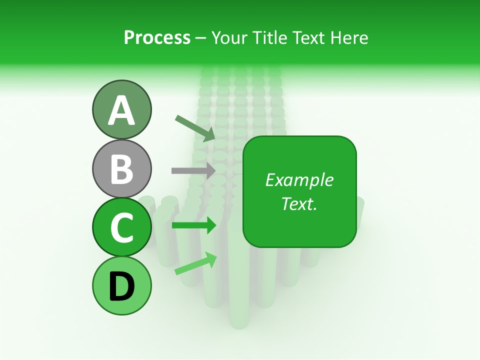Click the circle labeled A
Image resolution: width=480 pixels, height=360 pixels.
pos(122,109)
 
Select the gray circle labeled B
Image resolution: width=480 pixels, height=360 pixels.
pos(122,168)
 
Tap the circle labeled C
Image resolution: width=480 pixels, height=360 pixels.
pos(122,227)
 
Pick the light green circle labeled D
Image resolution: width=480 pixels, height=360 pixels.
pos(122,285)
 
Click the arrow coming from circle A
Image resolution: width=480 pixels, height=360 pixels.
pos(195,128)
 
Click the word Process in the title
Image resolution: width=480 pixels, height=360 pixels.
pos(157,37)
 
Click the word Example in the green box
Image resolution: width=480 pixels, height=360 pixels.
pos(299,180)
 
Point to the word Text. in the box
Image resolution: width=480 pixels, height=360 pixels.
pos(299,203)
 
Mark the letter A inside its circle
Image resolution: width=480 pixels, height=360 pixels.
pos(122,110)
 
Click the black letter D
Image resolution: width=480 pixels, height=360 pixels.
pos(122,286)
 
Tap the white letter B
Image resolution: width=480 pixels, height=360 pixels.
pos(122,169)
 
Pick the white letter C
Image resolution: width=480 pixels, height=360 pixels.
pos(122,227)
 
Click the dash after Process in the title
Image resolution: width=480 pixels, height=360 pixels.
pos(201,38)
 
